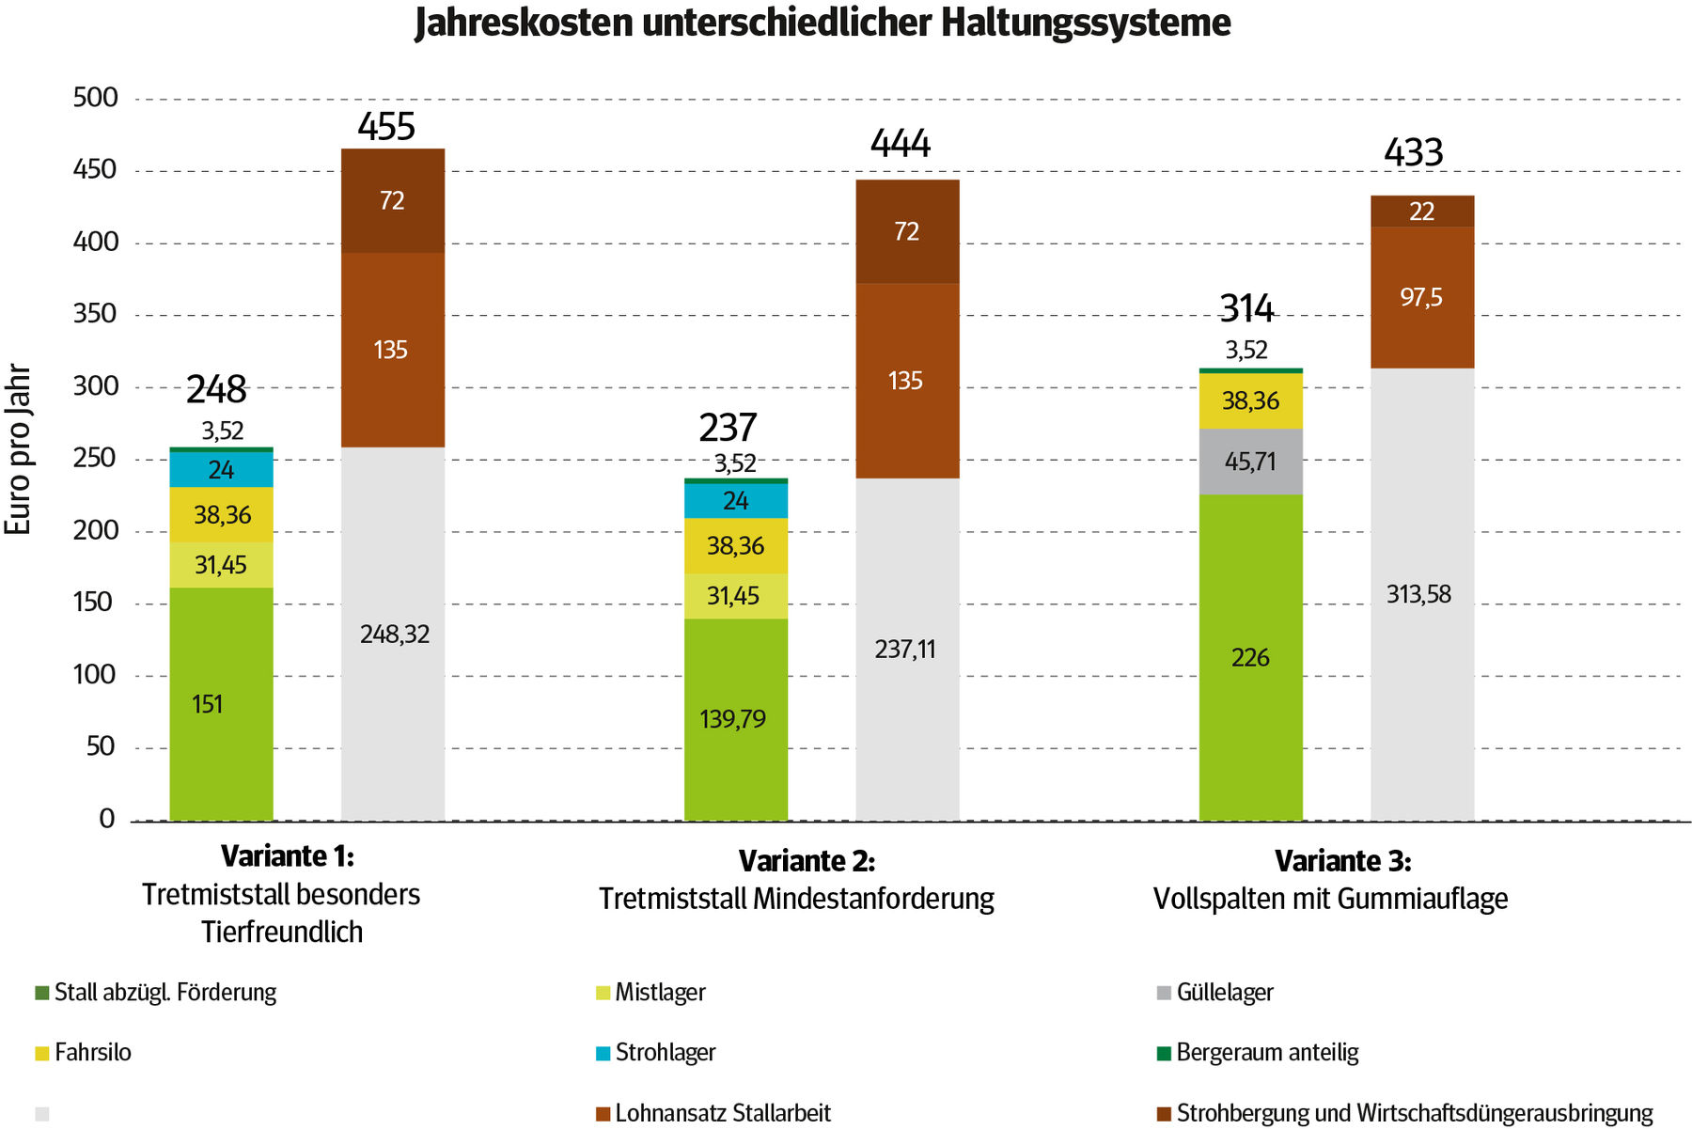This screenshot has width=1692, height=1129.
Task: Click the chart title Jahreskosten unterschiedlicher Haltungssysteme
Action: pos(822,23)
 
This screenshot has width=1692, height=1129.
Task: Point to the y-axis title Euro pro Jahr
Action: pos(19,449)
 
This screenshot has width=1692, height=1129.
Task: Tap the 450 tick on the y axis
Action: pos(95,170)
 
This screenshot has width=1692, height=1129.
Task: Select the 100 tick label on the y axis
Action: pos(95,675)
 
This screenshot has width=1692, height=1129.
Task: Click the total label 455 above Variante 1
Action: pos(386,127)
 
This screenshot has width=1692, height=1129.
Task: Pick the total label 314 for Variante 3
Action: pos(1246,308)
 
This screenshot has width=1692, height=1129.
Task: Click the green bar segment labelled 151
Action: pos(221,703)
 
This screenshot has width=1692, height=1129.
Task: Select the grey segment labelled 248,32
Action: pos(393,635)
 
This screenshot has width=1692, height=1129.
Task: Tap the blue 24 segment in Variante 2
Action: pos(735,501)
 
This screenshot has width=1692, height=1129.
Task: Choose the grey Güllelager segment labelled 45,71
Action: pos(1250,462)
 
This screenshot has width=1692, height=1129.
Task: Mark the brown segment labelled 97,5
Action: pos(1421,297)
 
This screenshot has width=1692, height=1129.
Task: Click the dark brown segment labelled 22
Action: pos(1421,212)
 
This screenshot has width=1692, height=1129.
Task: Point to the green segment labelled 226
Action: pos(1250,657)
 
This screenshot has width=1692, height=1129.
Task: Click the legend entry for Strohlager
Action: pos(665,1053)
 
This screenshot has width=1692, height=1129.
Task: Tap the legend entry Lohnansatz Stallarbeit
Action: pos(722,1114)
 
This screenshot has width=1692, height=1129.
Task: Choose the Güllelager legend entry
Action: pos(1224,993)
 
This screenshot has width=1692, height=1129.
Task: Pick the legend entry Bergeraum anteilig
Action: pos(1266,1053)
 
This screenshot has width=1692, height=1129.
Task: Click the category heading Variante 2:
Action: pos(807,861)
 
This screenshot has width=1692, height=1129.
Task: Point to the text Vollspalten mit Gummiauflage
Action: pos(1330,900)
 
